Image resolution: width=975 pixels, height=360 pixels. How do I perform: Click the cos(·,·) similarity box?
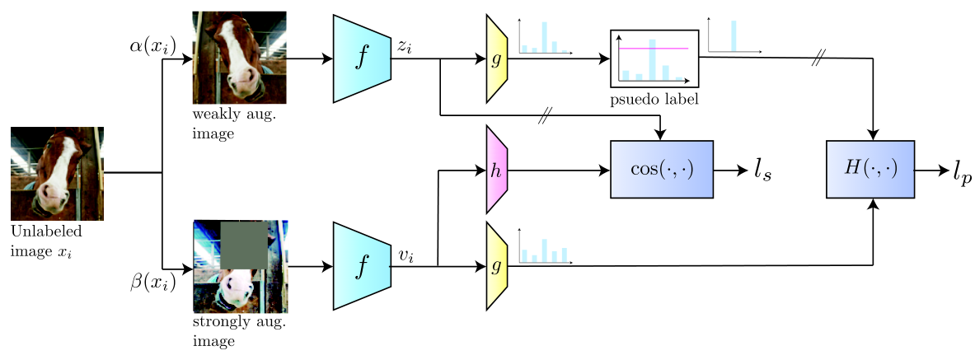663,169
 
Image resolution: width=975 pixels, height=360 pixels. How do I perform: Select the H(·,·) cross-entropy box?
870,169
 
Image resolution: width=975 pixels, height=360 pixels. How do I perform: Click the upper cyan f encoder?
362,58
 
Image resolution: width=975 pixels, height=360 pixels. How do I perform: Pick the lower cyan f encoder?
362,266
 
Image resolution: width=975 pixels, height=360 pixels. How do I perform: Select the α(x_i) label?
149,47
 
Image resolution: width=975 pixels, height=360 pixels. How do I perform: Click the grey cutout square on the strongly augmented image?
245,246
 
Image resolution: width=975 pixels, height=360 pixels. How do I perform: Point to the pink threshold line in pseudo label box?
653,47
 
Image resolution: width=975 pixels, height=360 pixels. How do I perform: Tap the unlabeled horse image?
57,174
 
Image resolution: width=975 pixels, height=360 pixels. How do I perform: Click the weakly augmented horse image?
239,57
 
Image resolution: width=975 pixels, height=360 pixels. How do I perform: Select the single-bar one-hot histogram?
735,36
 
